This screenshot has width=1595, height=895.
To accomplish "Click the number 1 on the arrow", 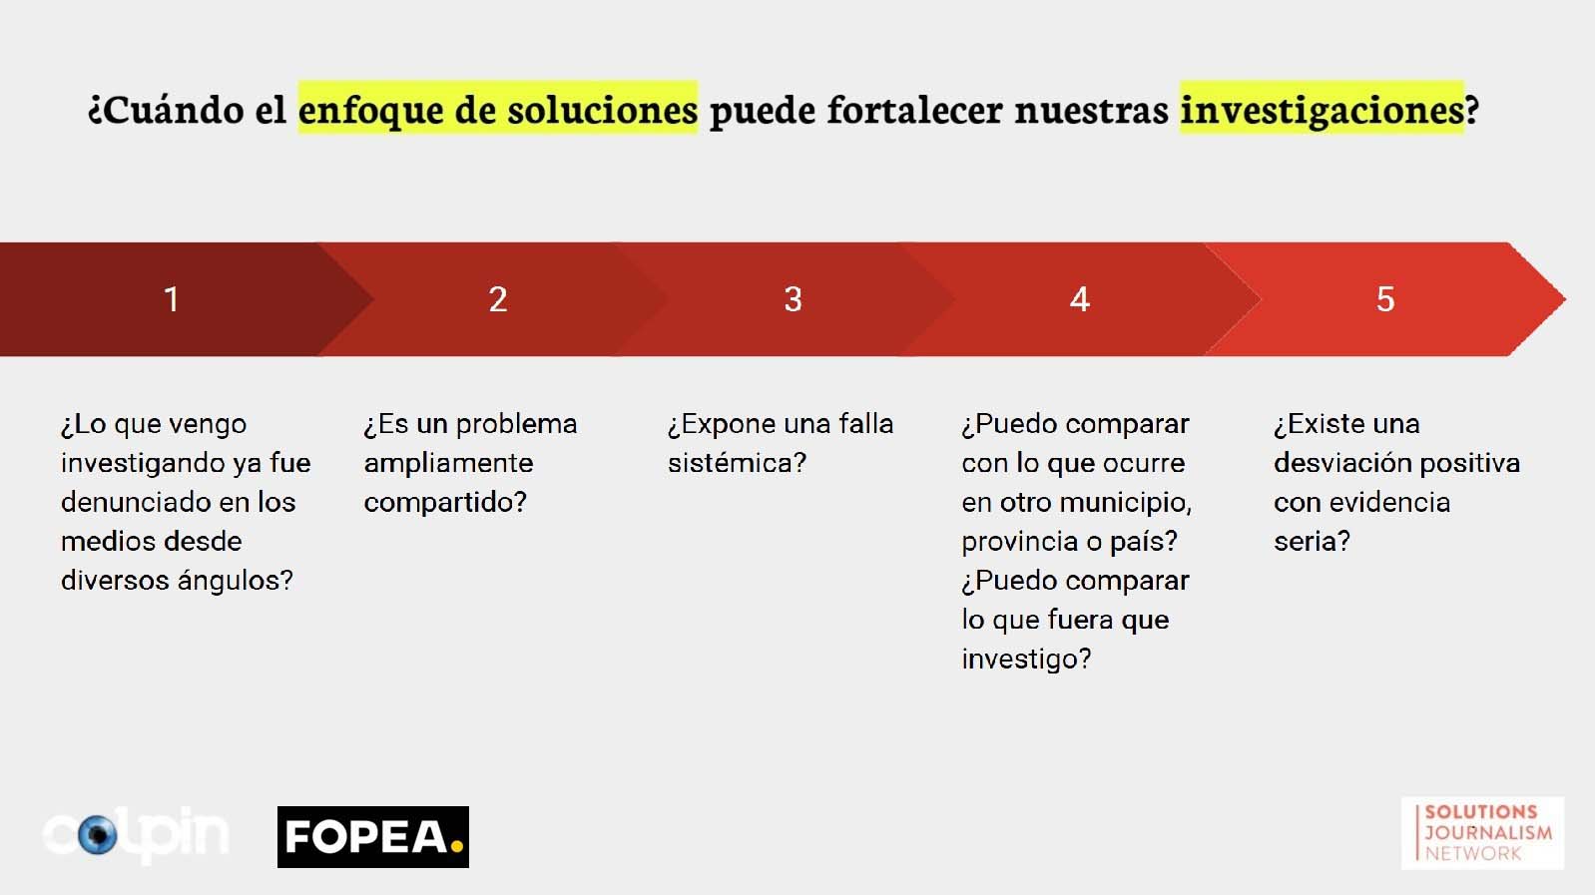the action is (x=171, y=299).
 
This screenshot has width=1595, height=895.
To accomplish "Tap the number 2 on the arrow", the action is (x=498, y=299).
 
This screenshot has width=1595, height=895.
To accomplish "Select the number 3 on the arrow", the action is (x=794, y=299).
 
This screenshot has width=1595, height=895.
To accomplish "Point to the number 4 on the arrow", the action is (x=1080, y=299).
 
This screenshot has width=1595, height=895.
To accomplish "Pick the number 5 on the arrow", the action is (x=1385, y=299).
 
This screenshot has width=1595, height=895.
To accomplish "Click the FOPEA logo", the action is (x=373, y=836).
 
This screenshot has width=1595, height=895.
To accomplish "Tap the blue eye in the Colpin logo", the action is (x=98, y=834).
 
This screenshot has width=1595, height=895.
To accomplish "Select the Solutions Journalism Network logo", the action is (x=1482, y=833).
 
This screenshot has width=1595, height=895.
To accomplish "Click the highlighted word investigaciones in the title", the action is (x=1322, y=109).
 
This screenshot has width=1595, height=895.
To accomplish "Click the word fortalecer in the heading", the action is (x=914, y=109).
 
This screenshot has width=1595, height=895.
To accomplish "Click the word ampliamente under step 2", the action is (x=448, y=464).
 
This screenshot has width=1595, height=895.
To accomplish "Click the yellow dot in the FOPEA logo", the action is (x=456, y=845).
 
